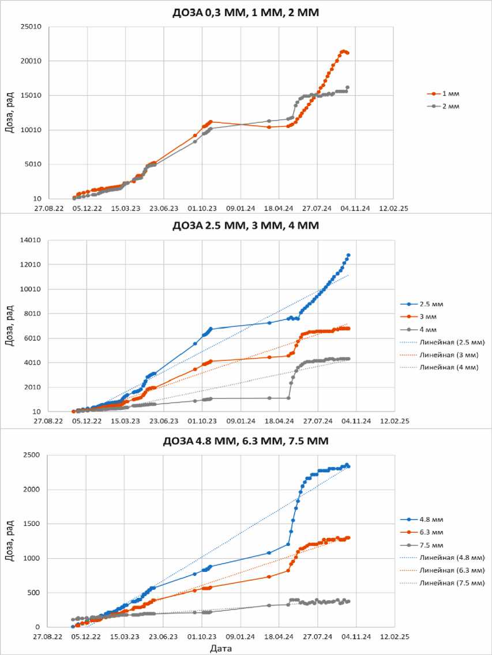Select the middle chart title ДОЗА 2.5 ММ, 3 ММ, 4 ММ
(245, 225)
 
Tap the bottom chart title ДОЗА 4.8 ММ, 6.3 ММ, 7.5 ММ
(245, 441)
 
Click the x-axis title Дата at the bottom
(220, 648)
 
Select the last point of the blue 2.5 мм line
(348, 255)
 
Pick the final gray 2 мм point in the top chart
(347, 88)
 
